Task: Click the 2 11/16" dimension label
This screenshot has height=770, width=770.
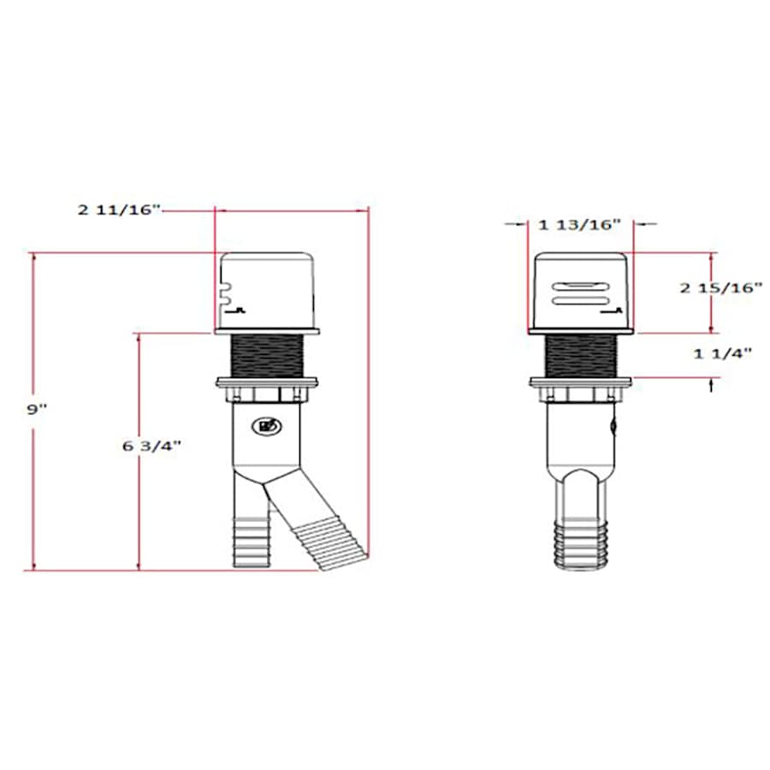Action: [119, 210]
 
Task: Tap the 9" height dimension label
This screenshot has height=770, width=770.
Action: [37, 409]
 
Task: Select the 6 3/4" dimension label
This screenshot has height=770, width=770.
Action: [151, 446]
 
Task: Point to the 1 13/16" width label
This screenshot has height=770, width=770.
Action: [580, 225]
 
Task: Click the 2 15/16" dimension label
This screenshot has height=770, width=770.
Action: [721, 287]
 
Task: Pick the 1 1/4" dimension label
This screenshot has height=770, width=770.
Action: [722, 353]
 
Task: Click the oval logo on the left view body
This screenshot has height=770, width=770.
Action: [267, 426]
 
